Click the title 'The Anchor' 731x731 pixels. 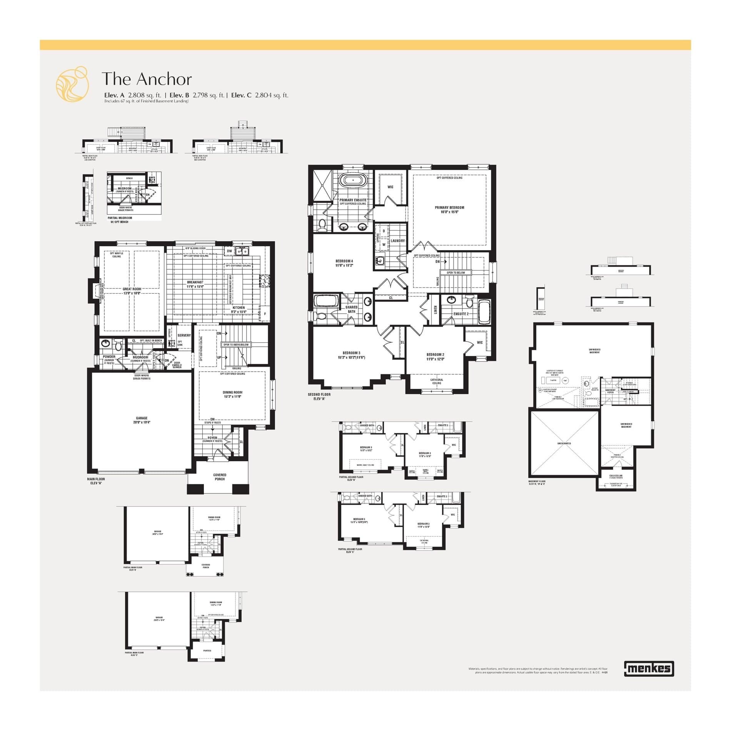coord(147,79)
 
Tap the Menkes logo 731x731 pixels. coord(649,669)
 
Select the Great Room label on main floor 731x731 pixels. coord(132,289)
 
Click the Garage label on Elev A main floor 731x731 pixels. coord(142,418)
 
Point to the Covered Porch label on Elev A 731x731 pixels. coord(220,477)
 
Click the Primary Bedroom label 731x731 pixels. coord(449,208)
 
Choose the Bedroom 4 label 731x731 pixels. coord(344,261)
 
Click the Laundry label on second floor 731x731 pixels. coord(398,241)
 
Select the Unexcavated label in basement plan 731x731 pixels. coord(564,443)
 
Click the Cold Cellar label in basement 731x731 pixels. coord(616,476)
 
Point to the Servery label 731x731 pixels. coord(184,335)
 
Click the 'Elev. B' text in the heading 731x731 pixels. coord(179,95)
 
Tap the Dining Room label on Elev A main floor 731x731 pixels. coord(232,392)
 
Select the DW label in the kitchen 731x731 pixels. coord(229,251)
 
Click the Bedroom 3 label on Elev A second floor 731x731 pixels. coord(351,353)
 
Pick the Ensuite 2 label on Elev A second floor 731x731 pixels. coord(461,314)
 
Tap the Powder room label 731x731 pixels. coord(109,357)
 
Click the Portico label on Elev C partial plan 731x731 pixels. coord(207,651)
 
